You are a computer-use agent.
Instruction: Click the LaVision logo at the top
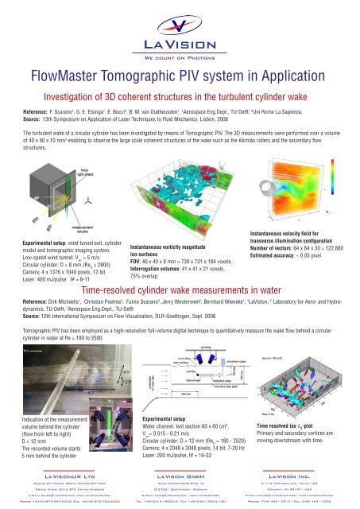[179, 32]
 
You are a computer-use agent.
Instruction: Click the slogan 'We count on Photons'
[180, 58]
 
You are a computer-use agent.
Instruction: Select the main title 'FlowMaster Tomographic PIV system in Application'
[180, 78]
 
